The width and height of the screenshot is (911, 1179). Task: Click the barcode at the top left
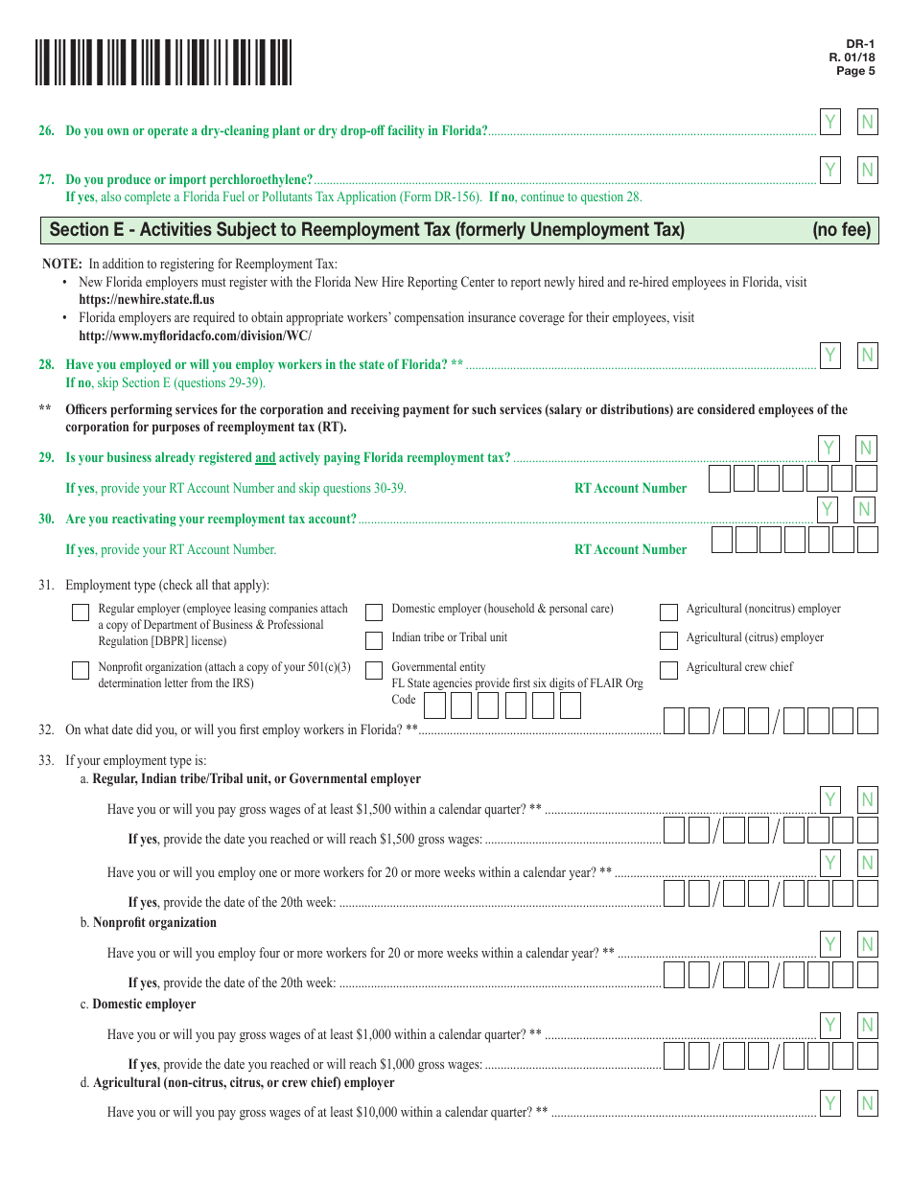point(164,63)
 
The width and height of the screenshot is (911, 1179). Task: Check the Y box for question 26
point(830,122)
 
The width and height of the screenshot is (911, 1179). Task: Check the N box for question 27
point(867,171)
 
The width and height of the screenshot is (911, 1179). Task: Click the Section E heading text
point(366,230)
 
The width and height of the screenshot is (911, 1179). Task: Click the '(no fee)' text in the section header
point(841,230)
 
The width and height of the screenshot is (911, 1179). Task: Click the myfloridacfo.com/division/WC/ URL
point(195,335)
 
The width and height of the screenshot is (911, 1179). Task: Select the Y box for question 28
point(830,356)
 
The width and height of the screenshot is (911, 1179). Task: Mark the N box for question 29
point(866,448)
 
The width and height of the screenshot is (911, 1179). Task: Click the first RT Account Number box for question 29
point(720,478)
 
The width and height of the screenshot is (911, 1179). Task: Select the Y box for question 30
point(830,509)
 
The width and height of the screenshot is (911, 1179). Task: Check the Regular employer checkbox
point(81,613)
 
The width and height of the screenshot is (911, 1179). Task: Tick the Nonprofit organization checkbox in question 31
point(81,671)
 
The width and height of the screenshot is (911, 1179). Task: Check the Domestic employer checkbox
point(374,613)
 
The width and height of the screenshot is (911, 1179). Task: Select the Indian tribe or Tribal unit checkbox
point(374,640)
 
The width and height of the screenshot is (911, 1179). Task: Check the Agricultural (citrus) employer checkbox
point(668,640)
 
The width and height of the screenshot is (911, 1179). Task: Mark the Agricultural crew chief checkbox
point(668,670)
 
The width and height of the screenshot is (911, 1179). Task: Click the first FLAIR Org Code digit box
point(434,706)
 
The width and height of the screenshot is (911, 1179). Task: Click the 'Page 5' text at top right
point(855,71)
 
